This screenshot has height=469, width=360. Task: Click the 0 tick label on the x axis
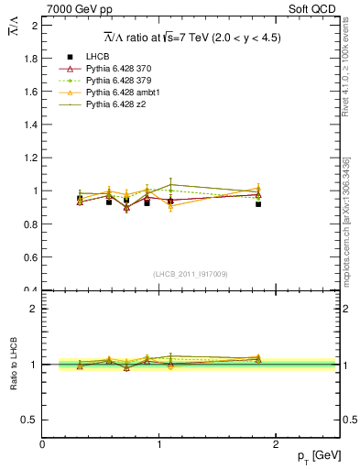(x=42, y=443)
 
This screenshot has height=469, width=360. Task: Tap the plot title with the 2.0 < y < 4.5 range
(x=191, y=38)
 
